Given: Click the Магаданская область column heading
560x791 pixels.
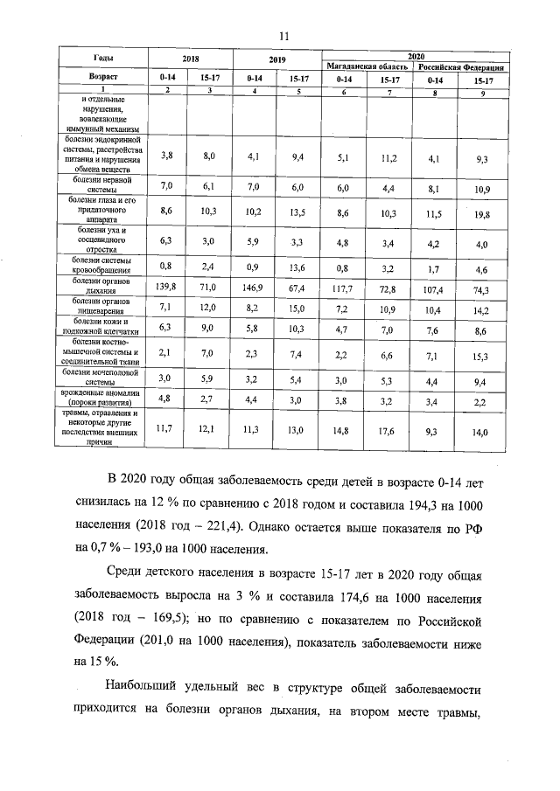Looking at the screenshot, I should point(367,66).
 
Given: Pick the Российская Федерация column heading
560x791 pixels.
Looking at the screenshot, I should point(459,66).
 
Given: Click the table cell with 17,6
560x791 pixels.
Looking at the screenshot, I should point(389,429).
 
